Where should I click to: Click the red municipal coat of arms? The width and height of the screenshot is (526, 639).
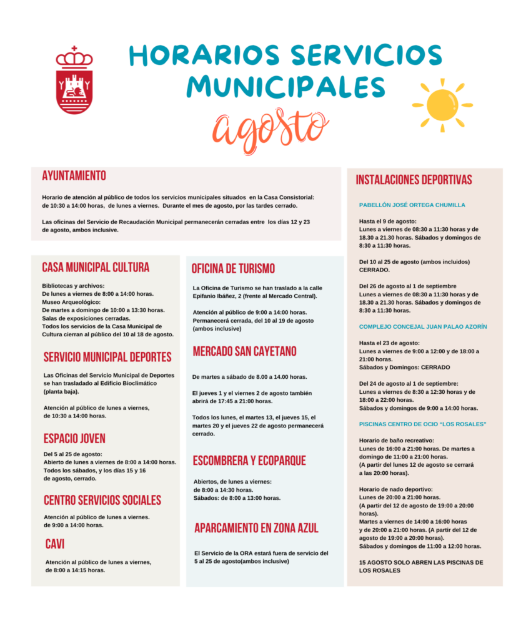[74, 81]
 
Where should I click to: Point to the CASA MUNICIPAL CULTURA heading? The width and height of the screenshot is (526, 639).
[96, 267]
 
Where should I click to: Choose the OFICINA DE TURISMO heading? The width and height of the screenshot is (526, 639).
[233, 268]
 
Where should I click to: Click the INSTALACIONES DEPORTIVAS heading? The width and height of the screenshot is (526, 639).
[414, 180]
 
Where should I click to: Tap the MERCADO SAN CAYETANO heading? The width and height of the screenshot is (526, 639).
[244, 351]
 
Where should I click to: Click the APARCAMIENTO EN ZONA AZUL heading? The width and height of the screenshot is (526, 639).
[256, 528]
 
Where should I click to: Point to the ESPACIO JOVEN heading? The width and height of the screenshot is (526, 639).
[74, 438]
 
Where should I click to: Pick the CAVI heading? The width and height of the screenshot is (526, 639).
[55, 544]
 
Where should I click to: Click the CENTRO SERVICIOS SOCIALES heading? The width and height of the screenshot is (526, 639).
[102, 500]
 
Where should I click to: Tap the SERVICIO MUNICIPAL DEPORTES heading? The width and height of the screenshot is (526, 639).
[107, 357]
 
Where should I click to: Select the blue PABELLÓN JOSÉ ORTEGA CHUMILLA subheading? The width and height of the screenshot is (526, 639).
[412, 205]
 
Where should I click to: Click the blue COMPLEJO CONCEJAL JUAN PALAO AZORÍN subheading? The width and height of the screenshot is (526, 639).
[423, 326]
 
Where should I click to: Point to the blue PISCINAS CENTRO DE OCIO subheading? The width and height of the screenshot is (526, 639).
[422, 424]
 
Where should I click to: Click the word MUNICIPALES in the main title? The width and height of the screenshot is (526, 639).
[285, 86]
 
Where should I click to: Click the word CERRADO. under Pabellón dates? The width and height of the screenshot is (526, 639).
[374, 270]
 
